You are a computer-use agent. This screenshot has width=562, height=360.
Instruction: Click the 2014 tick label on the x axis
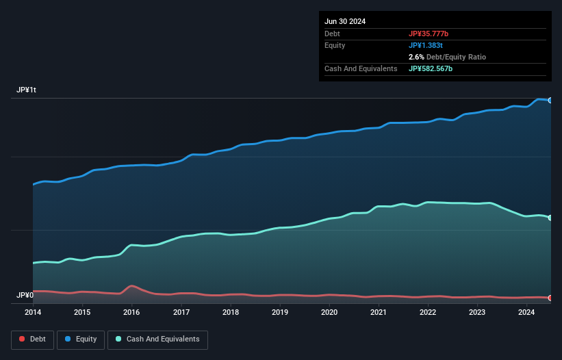click(33, 313)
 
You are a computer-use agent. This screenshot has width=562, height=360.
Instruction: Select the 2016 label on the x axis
click(131, 313)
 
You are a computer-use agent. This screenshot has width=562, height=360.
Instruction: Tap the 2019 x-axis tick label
click(280, 313)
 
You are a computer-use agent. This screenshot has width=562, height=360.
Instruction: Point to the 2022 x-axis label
click(428, 313)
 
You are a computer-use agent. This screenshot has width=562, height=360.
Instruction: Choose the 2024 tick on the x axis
click(526, 313)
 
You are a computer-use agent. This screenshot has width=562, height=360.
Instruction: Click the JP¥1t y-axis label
click(27, 90)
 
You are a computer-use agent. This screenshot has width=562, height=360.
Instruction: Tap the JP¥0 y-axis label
click(25, 296)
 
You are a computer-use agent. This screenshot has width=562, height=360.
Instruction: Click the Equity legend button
click(81, 339)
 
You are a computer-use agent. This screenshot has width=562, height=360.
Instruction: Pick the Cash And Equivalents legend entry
click(157, 339)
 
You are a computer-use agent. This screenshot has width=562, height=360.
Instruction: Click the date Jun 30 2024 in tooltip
click(345, 21)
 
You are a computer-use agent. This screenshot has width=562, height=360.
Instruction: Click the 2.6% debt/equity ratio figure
click(416, 57)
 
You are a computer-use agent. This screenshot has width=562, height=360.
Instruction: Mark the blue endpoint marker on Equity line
click(550, 101)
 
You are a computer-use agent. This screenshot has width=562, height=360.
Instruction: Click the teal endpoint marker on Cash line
click(550, 218)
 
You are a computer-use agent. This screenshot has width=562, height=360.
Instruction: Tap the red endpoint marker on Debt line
click(550, 298)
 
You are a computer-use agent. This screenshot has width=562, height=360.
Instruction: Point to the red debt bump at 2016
click(131, 286)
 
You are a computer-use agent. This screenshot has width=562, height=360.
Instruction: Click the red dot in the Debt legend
click(23, 339)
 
